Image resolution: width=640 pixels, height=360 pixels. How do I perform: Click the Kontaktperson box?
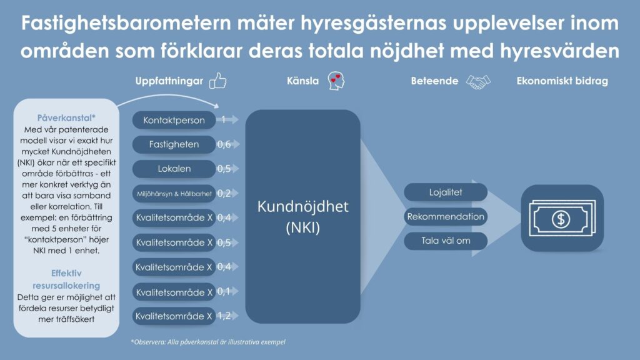pos(174,120)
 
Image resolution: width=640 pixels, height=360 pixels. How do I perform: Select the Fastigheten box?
pos(174,144)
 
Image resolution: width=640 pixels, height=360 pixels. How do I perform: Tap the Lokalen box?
pos(174,169)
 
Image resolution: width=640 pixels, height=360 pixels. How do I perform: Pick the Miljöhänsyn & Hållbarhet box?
pos(174,194)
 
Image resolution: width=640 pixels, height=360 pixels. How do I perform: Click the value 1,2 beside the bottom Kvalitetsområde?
pos(224,316)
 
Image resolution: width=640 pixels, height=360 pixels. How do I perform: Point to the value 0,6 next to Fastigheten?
pos(224,144)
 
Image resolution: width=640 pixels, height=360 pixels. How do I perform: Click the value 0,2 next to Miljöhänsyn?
pos(224,193)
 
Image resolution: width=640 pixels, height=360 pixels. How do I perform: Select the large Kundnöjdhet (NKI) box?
pos(303,216)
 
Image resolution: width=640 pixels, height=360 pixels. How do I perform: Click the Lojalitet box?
pos(446,192)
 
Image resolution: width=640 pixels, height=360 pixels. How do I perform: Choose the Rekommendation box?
pos(446,216)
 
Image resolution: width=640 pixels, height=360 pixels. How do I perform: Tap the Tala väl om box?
pos(446,241)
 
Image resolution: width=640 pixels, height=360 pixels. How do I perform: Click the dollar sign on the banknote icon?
pos(561,219)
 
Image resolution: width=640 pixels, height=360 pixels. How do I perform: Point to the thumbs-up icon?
pos(218,81)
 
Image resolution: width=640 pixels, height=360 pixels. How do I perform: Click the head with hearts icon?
pos(336,81)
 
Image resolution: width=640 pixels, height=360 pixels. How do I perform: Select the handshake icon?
pos(478,82)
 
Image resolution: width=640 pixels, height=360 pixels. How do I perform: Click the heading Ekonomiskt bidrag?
pos(562,81)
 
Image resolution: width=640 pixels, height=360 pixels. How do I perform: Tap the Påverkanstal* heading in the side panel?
pos(66,118)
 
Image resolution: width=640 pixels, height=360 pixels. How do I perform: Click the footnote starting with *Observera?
pos(208,342)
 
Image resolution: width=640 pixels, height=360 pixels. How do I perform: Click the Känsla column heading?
pos(303,81)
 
